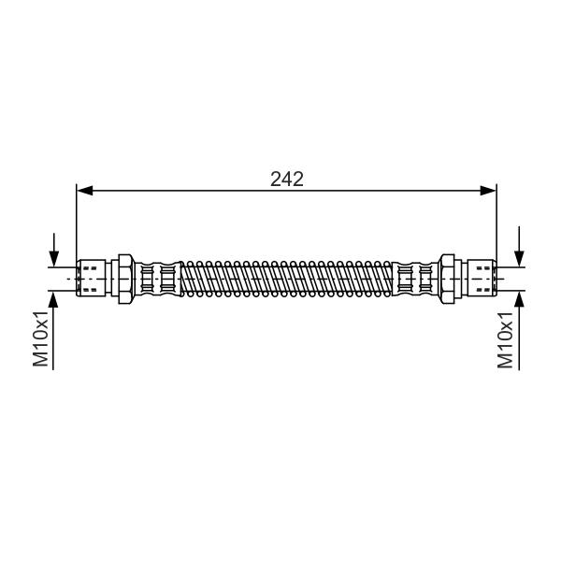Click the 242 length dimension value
click(287, 180)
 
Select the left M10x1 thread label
click(40, 338)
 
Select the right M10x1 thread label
click(505, 340)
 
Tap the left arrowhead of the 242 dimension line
click(85, 191)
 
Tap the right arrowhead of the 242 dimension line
click(488, 191)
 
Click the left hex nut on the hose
click(126, 279)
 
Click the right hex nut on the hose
click(447, 279)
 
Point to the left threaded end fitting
click(92, 279)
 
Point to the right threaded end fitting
click(482, 279)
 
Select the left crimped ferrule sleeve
click(158, 279)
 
